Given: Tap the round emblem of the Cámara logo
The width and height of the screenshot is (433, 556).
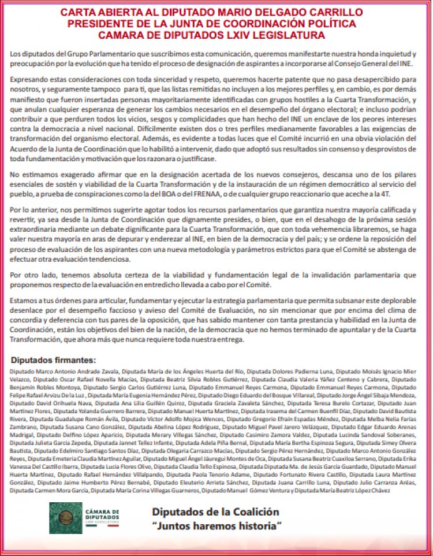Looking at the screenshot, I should (x=65, y=518).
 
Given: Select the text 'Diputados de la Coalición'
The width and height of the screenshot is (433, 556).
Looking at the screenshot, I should (x=215, y=512).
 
